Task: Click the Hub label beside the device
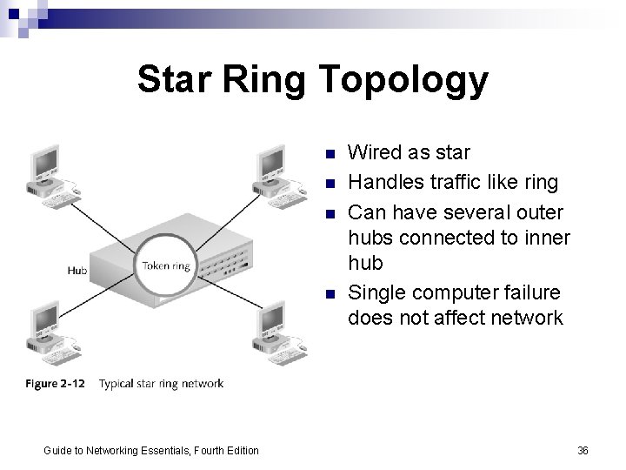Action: tap(77, 272)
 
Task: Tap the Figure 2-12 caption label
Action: tap(56, 384)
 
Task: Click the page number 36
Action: tap(583, 450)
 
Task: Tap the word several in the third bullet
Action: tap(475, 212)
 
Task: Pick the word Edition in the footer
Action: tap(240, 450)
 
